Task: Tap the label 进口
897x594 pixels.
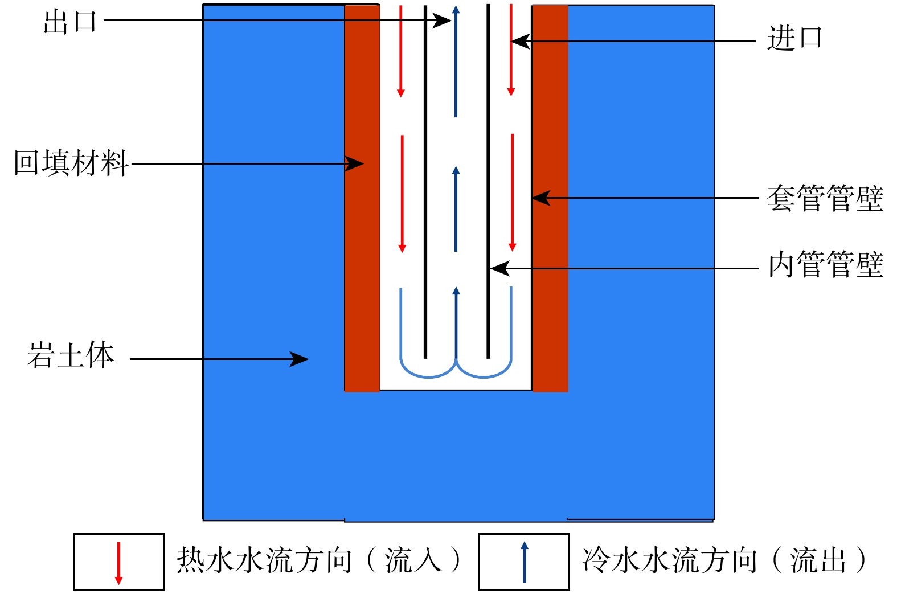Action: point(794,39)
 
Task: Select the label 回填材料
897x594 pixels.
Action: point(71,163)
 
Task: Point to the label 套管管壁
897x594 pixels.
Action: point(825,198)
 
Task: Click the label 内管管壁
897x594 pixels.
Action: point(825,265)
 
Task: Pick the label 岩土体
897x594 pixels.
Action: point(71,355)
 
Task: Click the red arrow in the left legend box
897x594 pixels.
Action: point(118,563)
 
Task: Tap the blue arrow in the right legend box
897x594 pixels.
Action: point(525,562)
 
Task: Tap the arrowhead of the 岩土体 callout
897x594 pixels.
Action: point(300,359)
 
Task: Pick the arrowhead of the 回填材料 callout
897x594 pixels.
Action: point(355,164)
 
